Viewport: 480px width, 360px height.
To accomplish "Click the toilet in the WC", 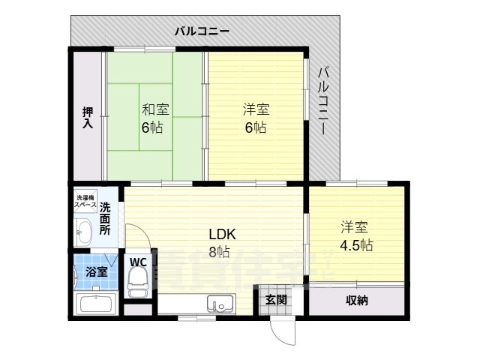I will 137,280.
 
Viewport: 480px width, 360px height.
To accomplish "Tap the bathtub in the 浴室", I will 94,305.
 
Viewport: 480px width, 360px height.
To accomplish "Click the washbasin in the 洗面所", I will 82,232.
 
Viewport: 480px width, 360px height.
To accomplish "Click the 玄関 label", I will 275,300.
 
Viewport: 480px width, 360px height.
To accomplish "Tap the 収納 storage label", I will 357,301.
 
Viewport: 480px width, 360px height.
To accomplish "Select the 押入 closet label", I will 88,118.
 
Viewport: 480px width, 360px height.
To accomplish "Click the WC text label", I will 138,262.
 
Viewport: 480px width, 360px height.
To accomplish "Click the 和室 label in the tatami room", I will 155,109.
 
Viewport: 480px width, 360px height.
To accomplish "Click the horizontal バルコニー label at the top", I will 202,31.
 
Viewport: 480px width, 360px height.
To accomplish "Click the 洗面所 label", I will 106,218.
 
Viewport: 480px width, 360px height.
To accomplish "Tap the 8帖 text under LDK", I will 219,252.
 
